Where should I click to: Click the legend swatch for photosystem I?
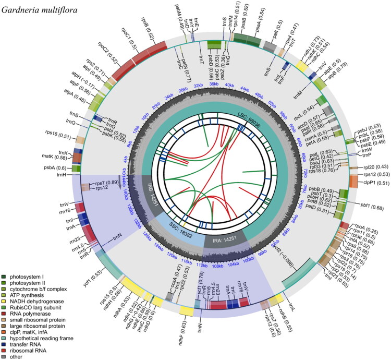click(x=5, y=270)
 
